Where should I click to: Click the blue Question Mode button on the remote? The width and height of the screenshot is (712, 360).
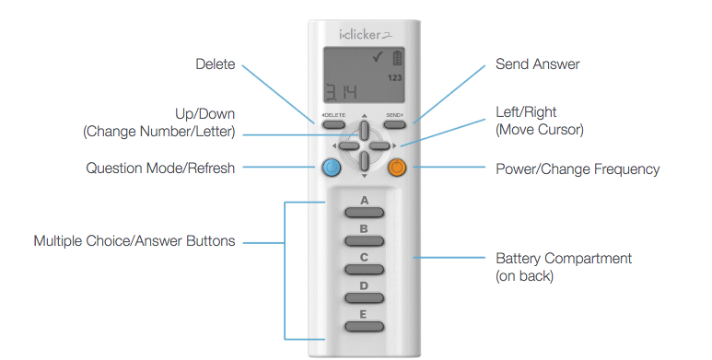[331, 168]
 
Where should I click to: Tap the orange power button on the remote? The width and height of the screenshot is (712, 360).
[397, 168]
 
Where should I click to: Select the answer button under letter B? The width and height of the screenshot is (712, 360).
[364, 240]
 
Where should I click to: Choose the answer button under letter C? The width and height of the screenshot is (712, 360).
[364, 270]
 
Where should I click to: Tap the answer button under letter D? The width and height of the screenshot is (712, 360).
[364, 298]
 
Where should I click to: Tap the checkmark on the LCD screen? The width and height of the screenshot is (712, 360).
[378, 60]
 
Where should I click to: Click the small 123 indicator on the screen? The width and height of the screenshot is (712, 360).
[394, 79]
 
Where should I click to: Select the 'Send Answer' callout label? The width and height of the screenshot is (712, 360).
[537, 64]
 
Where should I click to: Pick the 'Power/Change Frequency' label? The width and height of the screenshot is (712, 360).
[578, 169]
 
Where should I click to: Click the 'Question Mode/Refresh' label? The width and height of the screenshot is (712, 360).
[160, 168]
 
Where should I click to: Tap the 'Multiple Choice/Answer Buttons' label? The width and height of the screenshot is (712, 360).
[134, 241]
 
